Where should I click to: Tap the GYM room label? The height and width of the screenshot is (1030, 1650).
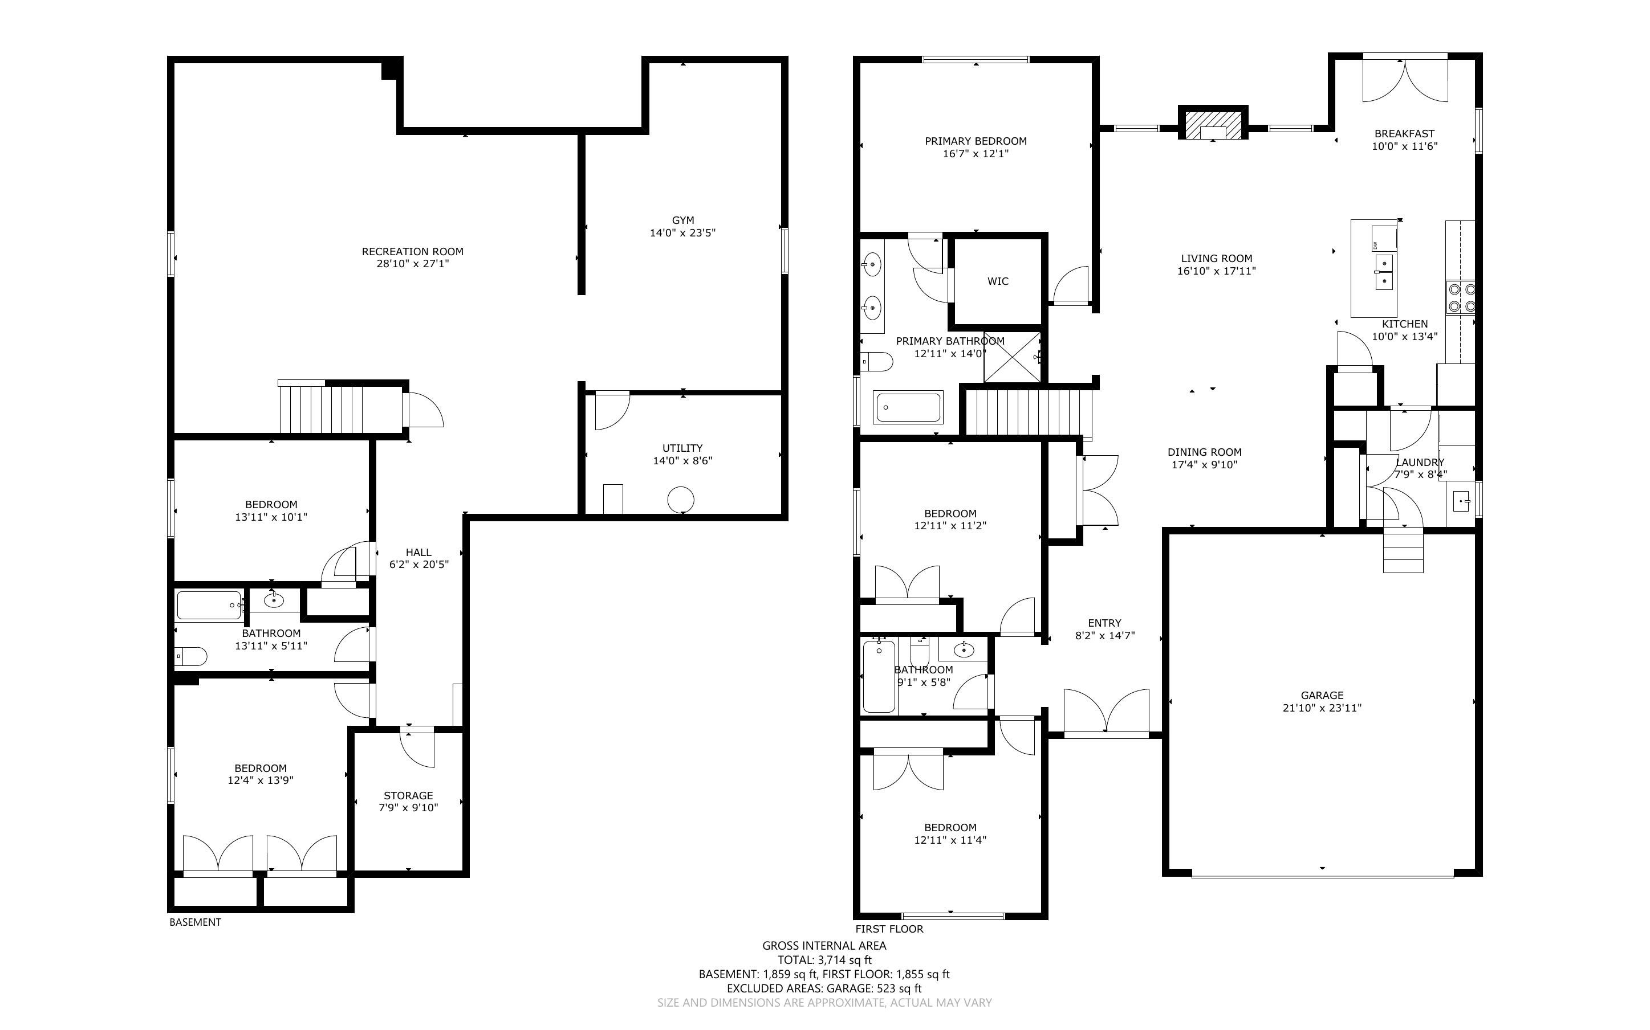[683, 220]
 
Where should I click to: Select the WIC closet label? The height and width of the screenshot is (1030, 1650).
[998, 281]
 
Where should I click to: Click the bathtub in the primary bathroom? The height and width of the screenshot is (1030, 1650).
[908, 407]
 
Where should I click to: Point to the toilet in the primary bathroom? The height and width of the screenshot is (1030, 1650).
[876, 361]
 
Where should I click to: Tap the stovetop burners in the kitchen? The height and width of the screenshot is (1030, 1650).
[1461, 298]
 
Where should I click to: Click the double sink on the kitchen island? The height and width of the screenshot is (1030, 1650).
[1384, 272]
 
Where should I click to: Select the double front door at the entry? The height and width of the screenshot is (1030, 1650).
[1106, 713]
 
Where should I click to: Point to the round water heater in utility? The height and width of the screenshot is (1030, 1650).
[680, 499]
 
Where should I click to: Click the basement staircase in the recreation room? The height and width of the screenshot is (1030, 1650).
[320, 407]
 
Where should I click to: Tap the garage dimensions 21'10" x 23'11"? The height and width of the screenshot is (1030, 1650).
[1322, 708]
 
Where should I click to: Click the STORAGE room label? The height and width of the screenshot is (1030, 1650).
[408, 795]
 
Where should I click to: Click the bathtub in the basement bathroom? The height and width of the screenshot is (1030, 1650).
[209, 605]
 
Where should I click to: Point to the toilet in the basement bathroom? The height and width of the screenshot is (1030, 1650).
[191, 657]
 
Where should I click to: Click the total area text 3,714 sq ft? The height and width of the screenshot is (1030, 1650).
[844, 960]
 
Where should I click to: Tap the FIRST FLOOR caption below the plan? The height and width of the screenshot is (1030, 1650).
[889, 929]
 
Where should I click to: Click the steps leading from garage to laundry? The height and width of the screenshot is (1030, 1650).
[1403, 550]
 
